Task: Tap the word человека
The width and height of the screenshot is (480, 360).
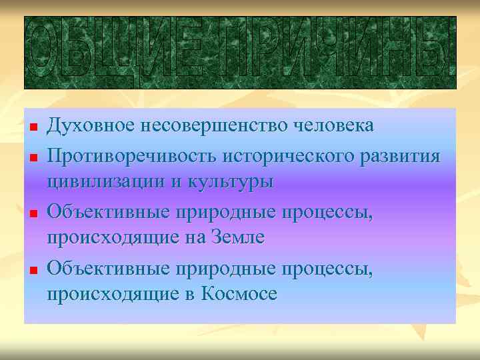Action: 338,126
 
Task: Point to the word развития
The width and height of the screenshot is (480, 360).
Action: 403,156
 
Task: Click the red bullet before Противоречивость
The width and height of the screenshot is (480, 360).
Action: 33,157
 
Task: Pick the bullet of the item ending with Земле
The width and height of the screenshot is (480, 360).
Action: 33,213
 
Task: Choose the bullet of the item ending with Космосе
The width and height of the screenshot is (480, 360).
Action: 33,269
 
